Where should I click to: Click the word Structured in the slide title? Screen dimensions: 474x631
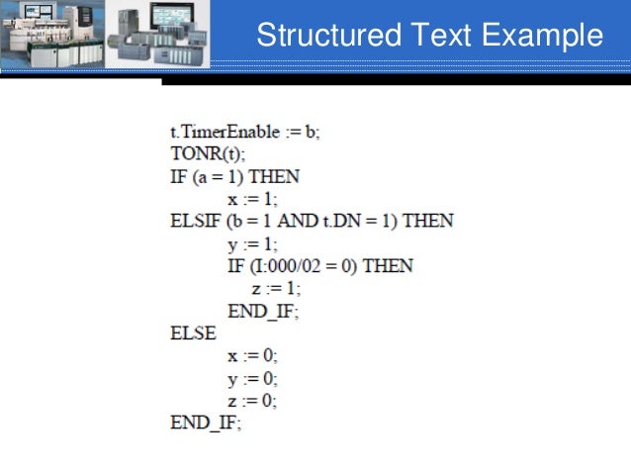pos(315,37)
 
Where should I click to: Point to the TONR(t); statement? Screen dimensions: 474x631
pos(208,154)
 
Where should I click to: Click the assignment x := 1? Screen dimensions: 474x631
pos(251,198)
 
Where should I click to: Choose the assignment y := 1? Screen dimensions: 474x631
pos(251,243)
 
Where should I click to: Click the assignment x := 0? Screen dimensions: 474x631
pos(252,356)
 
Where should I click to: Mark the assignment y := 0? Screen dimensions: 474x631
pos(252,379)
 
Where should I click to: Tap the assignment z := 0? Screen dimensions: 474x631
pos(252,401)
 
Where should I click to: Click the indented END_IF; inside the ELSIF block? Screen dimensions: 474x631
pos(263,311)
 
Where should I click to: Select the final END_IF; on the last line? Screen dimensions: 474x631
pos(206,424)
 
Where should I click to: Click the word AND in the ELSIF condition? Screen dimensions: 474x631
pos(296,221)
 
